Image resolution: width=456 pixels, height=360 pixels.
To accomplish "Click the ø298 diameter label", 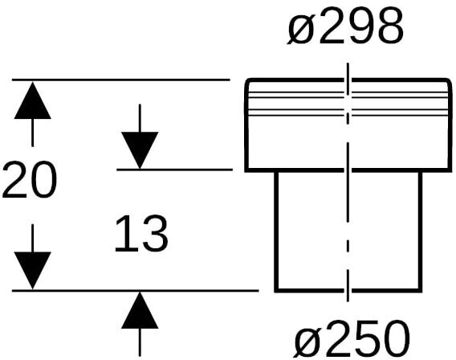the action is point(345,26).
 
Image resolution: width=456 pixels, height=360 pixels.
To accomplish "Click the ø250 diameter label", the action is point(352,339).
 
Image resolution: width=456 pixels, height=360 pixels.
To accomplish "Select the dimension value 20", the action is point(30,180).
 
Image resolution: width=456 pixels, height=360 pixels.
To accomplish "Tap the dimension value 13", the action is point(141,233).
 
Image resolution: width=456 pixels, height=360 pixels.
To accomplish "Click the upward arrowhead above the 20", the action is point(33,100).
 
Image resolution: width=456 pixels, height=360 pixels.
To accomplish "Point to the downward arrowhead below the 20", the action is point(33,271).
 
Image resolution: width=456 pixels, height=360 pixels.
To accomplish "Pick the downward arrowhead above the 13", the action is point(140,150).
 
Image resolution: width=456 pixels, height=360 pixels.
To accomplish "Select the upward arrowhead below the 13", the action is point(140,310).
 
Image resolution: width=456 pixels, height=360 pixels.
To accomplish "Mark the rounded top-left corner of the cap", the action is point(247,80).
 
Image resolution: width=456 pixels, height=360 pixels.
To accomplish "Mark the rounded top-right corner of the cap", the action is point(449,80).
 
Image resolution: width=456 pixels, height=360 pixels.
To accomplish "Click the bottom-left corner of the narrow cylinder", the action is point(276,290).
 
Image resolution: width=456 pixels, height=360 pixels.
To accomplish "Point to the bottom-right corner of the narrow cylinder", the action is point(420,290).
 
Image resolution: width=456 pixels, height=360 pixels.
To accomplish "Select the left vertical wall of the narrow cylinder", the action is point(276,231).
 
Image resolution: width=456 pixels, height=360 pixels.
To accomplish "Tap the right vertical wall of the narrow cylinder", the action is point(420,231).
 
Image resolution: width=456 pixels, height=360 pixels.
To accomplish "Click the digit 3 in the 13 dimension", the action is point(155,234).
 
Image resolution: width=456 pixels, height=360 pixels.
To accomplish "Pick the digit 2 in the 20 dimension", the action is point(15,180).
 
